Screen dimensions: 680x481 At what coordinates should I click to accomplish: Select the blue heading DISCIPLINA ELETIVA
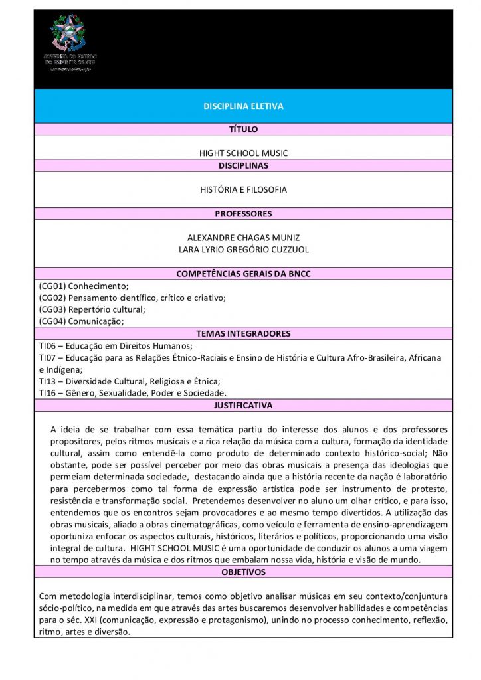[243, 106]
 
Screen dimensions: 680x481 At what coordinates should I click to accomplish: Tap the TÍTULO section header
[243, 129]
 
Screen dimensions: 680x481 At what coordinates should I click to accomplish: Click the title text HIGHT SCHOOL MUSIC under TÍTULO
[243, 153]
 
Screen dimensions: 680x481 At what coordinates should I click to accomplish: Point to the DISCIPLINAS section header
[243, 165]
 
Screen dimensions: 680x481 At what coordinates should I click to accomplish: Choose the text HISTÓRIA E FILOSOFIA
[243, 190]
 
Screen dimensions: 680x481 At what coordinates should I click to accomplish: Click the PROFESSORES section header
[243, 214]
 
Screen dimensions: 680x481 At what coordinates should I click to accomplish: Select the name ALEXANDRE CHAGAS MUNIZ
[243, 237]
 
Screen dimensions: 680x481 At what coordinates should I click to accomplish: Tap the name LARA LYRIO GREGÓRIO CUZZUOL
[243, 250]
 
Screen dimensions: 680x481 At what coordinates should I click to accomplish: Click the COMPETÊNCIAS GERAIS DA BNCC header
[243, 274]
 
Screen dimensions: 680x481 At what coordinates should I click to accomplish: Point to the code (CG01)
[52, 286]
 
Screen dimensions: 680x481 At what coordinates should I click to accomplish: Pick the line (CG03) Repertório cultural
[92, 309]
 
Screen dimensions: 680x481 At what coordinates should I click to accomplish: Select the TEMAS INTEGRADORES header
[243, 333]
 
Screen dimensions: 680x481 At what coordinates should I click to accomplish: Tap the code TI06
[47, 345]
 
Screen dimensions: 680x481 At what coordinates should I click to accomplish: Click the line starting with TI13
[130, 381]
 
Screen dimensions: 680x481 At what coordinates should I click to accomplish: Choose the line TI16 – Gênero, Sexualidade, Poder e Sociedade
[132, 393]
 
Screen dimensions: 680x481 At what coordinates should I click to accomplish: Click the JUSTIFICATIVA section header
[243, 405]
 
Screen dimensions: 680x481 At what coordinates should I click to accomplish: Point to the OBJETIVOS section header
[243, 572]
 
